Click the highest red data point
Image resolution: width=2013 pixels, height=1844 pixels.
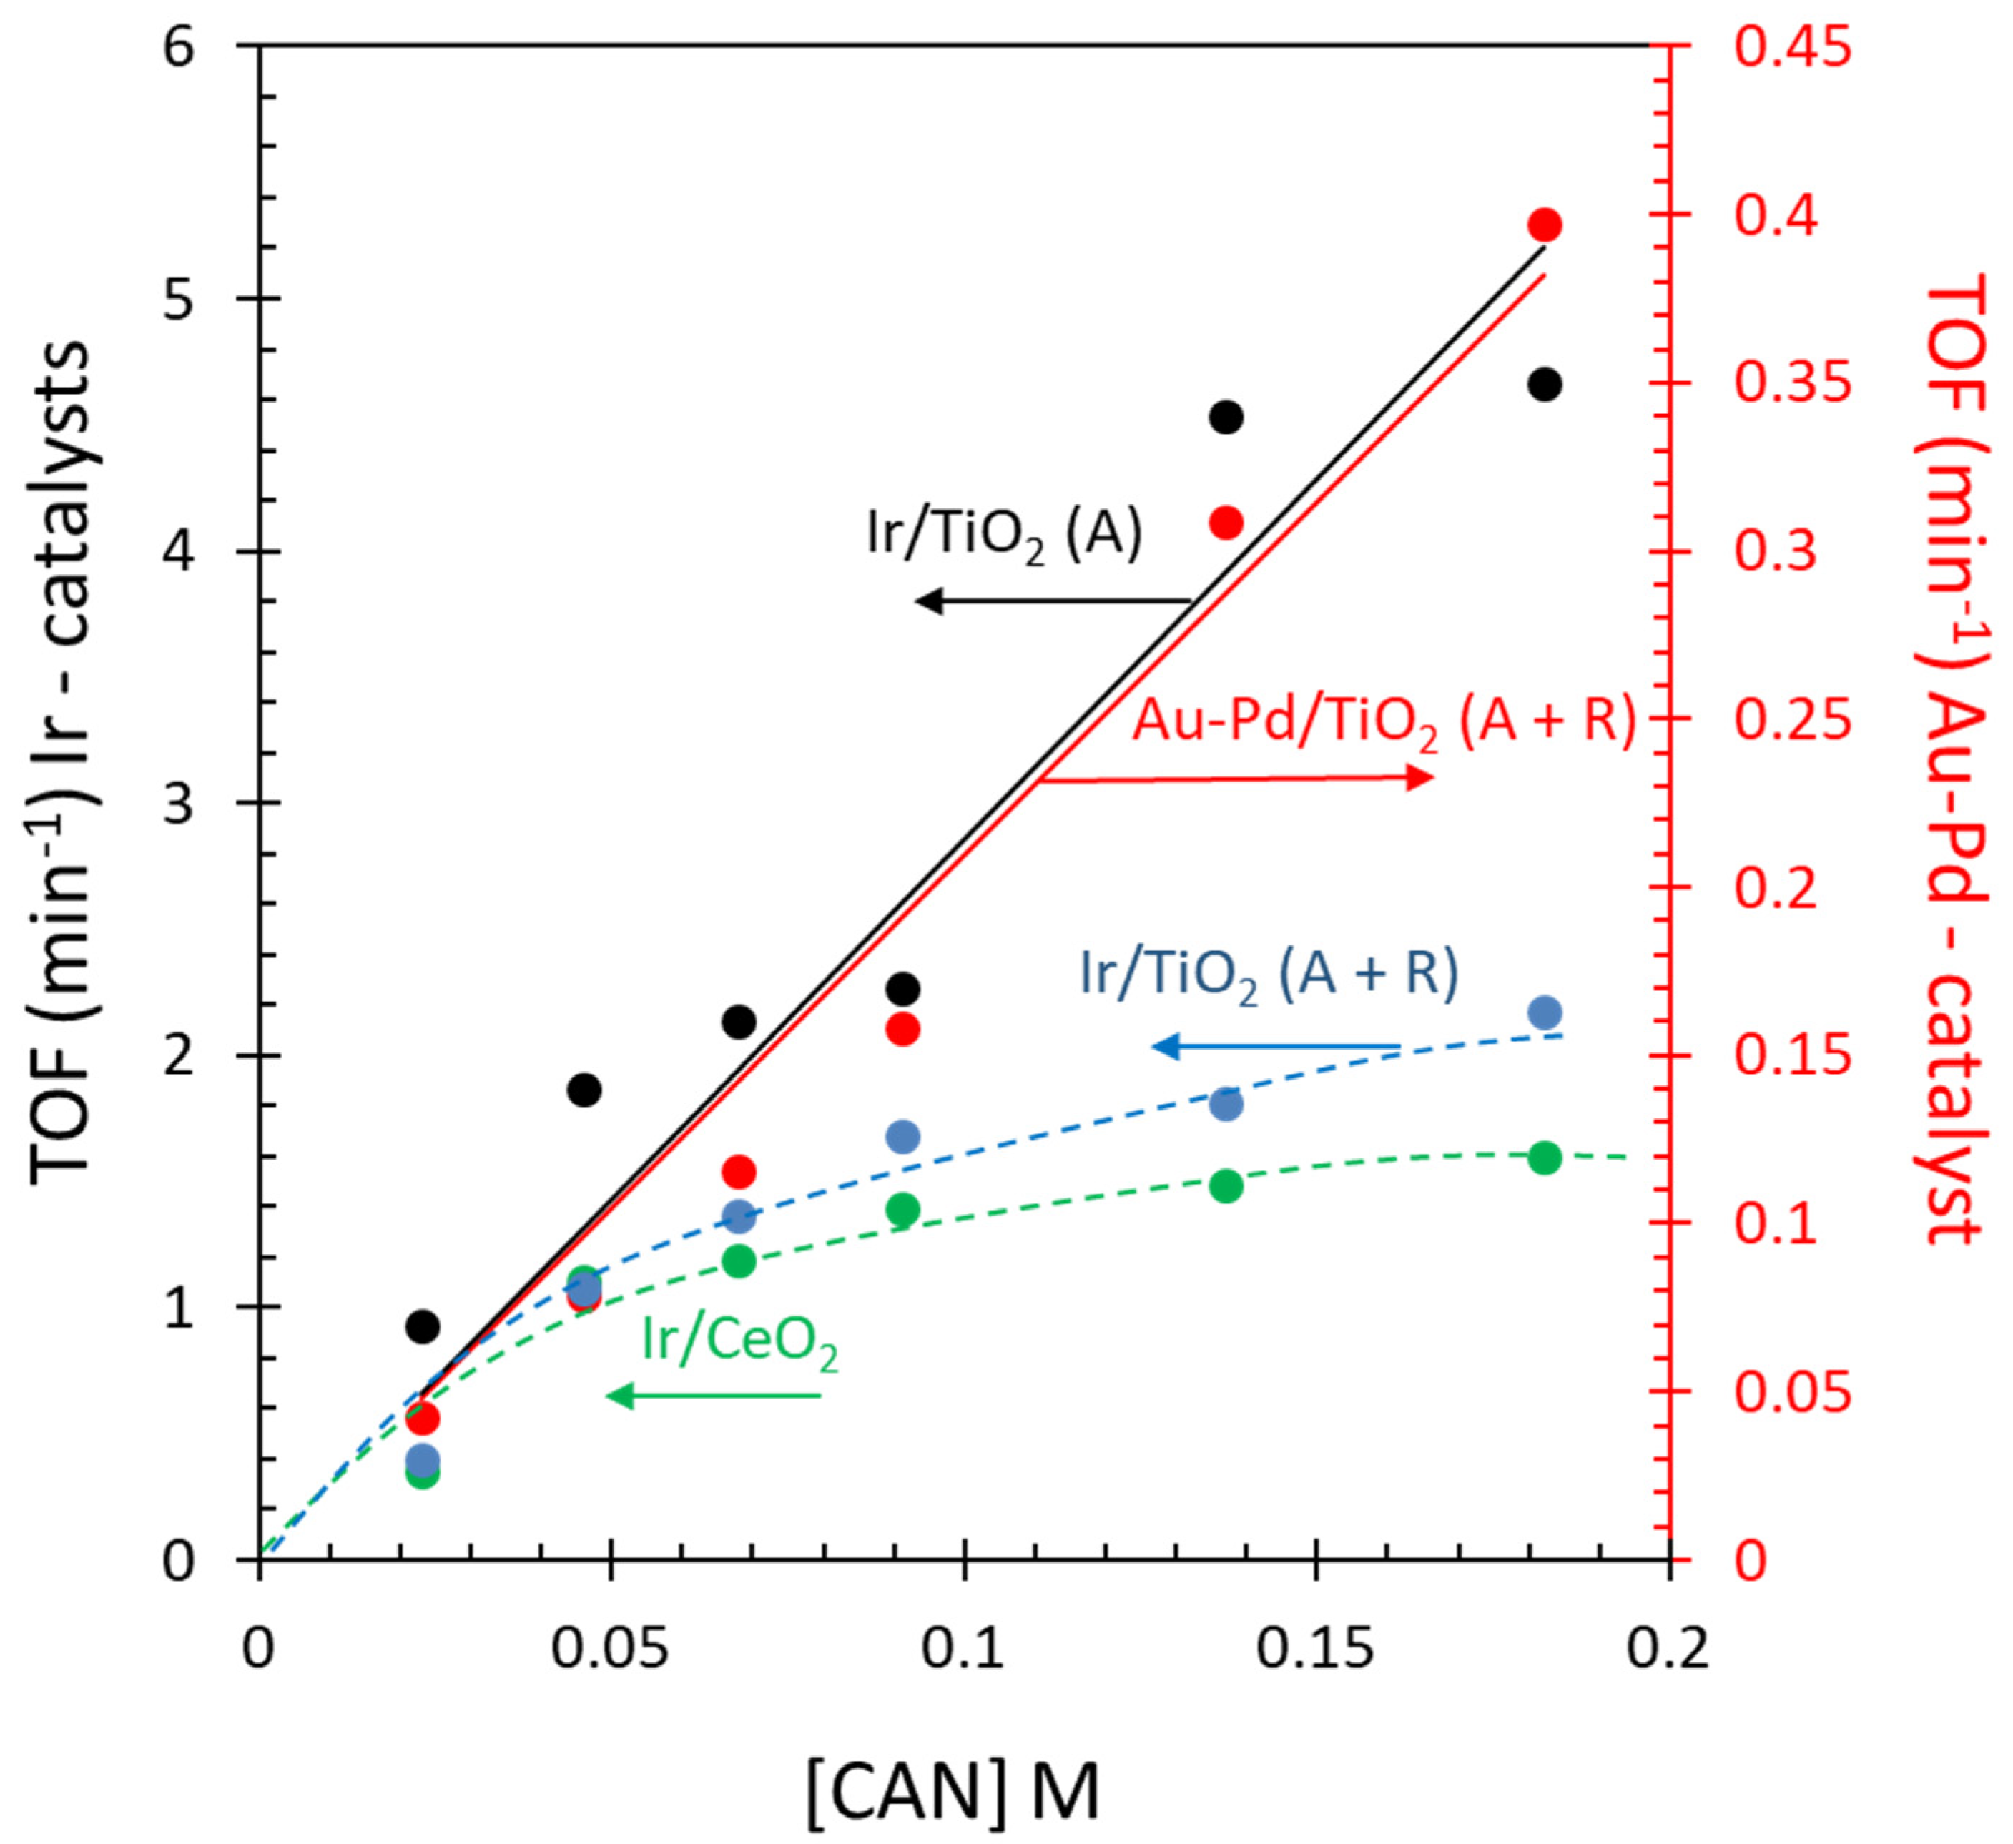click(1544, 225)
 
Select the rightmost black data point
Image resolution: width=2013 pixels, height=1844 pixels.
click(1544, 385)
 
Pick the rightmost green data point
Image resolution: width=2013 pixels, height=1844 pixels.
click(1544, 1158)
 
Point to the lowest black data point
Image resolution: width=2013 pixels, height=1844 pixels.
click(423, 1326)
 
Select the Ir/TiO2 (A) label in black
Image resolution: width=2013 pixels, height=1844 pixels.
click(1003, 536)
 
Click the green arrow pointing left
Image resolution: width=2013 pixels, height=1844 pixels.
click(713, 1395)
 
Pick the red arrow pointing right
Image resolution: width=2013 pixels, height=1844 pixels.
click(1238, 778)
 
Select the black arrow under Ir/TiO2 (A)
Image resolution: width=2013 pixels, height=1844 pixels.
click(1053, 600)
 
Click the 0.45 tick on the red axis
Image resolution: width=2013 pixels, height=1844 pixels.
click(1792, 47)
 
